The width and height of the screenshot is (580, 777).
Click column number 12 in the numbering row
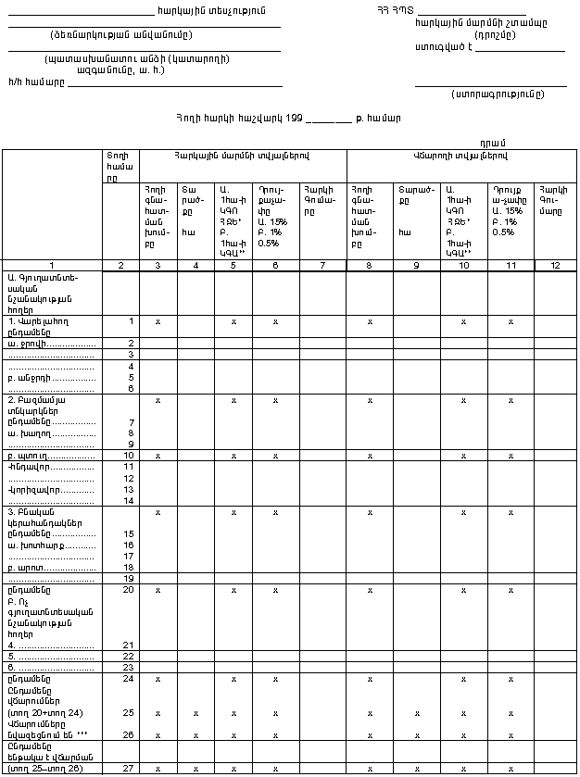point(556,266)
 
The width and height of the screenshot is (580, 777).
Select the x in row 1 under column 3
point(158,321)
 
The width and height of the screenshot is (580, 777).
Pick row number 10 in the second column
point(130,456)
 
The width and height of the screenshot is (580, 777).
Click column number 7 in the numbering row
point(322,266)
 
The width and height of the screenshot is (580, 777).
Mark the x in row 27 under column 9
point(416,769)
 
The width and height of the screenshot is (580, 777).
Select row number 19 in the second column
point(131,578)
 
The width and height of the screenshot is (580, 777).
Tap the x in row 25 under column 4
point(195,713)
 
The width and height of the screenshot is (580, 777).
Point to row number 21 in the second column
point(131,645)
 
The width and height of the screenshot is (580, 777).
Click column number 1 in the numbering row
point(52,266)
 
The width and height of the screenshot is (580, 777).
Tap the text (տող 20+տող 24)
point(44,713)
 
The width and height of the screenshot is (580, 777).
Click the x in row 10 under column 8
point(370,456)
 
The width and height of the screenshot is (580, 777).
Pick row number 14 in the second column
point(131,501)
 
